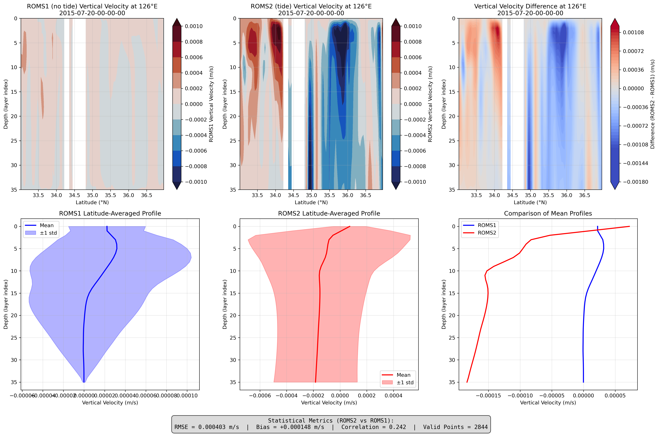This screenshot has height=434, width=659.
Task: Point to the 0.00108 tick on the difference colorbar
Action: pos(633,32)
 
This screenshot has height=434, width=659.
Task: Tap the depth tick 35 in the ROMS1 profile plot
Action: pos(14,382)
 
